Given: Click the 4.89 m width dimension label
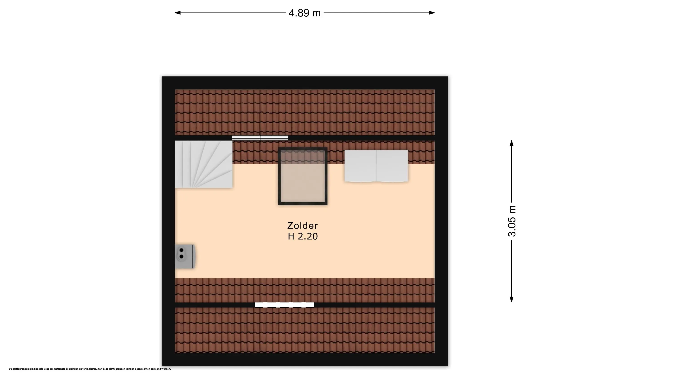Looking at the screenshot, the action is [305, 13].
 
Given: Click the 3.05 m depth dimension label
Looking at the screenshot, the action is [512, 221].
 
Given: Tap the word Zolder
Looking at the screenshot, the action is [302, 225].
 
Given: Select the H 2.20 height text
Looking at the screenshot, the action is [303, 236].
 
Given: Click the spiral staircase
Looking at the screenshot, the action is [204, 164].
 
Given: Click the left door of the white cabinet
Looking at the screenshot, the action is [360, 166].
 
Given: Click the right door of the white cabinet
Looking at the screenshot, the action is [392, 166].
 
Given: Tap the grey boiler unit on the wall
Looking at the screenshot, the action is [185, 256].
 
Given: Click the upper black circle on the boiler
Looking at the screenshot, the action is [181, 250].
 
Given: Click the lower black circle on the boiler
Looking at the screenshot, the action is [181, 257].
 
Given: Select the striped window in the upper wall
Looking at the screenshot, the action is [260, 138].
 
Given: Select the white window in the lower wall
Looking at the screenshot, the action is [284, 305].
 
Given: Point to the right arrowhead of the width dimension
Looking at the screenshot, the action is [432, 13].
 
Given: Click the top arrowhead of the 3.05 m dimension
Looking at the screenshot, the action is [512, 143].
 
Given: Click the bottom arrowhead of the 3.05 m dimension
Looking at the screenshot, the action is [512, 300].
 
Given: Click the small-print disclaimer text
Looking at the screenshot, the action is [90, 369].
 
